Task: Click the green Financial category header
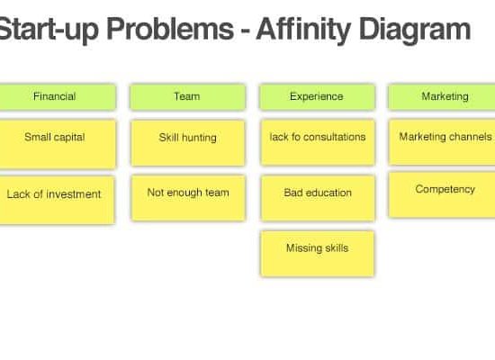58,96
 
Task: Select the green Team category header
187,96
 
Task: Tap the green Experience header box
318,96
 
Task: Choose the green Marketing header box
442,96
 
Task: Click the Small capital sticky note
58,144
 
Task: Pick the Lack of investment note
57,200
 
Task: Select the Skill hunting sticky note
188,143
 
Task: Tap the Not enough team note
188,198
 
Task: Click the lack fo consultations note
318,142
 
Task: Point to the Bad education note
318,198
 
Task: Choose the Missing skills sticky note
318,254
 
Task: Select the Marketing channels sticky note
442,142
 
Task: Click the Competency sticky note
442,194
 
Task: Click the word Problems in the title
170,29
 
